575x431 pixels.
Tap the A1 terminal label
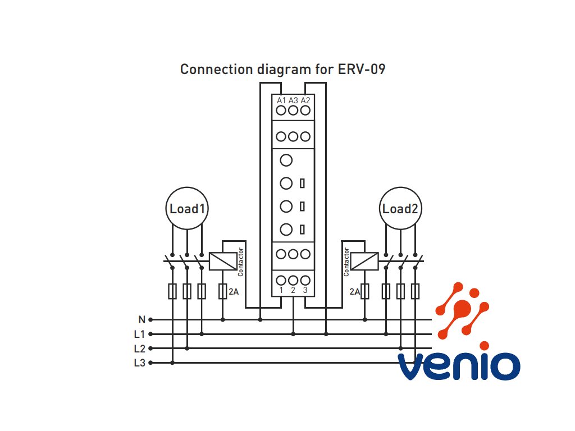pyautogui.click(x=281, y=100)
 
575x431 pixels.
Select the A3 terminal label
pyautogui.click(x=293, y=100)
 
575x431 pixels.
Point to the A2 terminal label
pyautogui.click(x=305, y=100)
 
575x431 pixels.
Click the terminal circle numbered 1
pyautogui.click(x=281, y=281)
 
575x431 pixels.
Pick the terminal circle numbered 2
pyautogui.click(x=293, y=281)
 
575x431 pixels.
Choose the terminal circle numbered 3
pyautogui.click(x=305, y=281)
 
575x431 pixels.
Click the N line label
pyautogui.click(x=142, y=319)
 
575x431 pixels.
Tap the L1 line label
pyautogui.click(x=139, y=334)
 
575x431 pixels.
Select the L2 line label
pyautogui.click(x=140, y=349)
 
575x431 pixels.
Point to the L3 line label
pyautogui.click(x=140, y=363)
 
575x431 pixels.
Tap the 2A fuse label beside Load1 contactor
pyautogui.click(x=234, y=292)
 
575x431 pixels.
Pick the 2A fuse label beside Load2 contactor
pyautogui.click(x=355, y=292)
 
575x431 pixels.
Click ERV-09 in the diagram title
pyautogui.click(x=362, y=69)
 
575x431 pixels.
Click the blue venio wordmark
pyautogui.click(x=459, y=366)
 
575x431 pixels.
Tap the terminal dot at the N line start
pyautogui.click(x=150, y=319)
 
